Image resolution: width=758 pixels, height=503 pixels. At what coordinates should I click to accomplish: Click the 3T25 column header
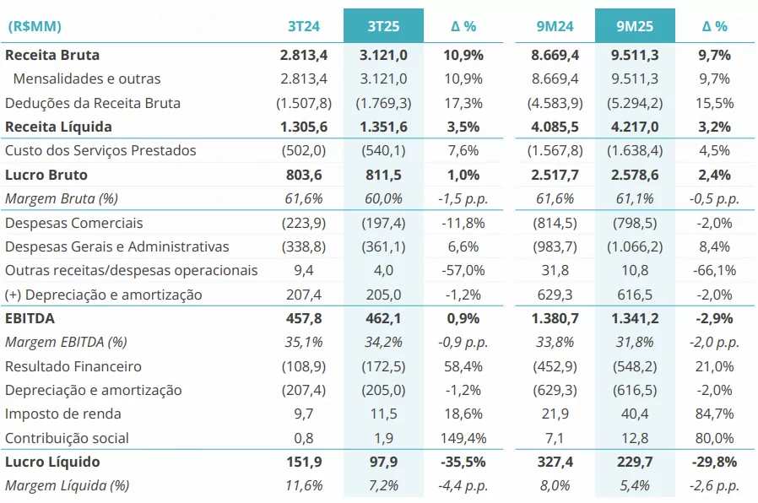(383, 26)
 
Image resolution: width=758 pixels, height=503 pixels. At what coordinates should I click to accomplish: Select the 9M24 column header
(555, 26)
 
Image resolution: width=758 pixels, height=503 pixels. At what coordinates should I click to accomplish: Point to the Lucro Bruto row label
(46, 175)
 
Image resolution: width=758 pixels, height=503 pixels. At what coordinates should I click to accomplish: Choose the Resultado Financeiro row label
(73, 366)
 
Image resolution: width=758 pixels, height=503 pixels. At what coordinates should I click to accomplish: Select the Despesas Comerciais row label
(74, 223)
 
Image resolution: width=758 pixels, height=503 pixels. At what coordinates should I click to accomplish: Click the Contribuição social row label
(68, 438)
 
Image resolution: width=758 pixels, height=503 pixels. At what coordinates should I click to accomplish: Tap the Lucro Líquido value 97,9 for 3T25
(383, 462)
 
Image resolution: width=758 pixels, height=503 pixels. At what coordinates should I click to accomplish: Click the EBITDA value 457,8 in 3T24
(303, 318)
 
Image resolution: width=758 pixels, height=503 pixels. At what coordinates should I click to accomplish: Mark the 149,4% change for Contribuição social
(463, 438)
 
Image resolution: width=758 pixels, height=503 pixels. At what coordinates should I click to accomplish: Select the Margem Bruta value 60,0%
(383, 198)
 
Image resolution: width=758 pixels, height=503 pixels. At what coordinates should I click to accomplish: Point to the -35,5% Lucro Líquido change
(463, 462)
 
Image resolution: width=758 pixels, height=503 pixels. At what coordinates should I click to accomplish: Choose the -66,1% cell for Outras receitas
(714, 270)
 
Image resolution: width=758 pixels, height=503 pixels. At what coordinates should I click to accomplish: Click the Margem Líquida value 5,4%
(635, 485)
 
